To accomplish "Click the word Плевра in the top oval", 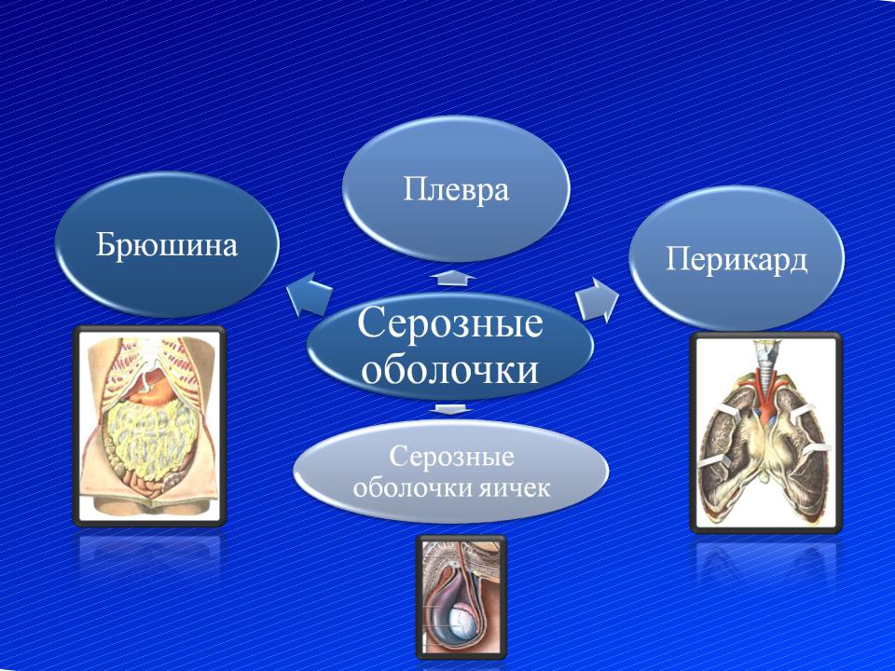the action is (x=456, y=189).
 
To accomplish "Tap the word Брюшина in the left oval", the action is (x=166, y=245).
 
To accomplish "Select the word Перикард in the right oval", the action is (x=737, y=260).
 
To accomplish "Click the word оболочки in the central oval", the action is (x=449, y=370).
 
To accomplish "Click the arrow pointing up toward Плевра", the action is (x=453, y=278).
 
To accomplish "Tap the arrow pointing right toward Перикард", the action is (x=597, y=299).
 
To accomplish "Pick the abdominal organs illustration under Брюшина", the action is (x=149, y=426).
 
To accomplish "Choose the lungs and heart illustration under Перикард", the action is (x=766, y=432).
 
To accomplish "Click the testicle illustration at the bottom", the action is (x=461, y=596).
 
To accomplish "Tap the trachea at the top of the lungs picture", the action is (x=764, y=357).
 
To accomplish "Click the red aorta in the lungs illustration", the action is (x=763, y=393).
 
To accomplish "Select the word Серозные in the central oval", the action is (x=449, y=323).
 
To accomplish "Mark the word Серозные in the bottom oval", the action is (x=451, y=457).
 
